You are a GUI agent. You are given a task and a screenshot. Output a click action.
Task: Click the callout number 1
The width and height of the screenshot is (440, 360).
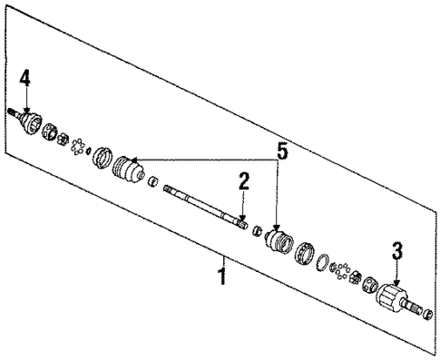(221, 271)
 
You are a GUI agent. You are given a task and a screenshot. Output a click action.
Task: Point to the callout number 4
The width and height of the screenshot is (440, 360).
(25, 79)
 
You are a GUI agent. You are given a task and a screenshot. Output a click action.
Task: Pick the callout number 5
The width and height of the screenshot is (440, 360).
(282, 151)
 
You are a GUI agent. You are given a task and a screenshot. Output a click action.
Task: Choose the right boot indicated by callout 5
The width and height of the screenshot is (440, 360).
(276, 241)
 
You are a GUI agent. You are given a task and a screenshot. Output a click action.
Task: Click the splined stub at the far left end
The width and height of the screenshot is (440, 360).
(12, 112)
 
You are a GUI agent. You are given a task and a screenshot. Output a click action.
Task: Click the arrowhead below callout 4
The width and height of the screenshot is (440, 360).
(26, 107)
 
